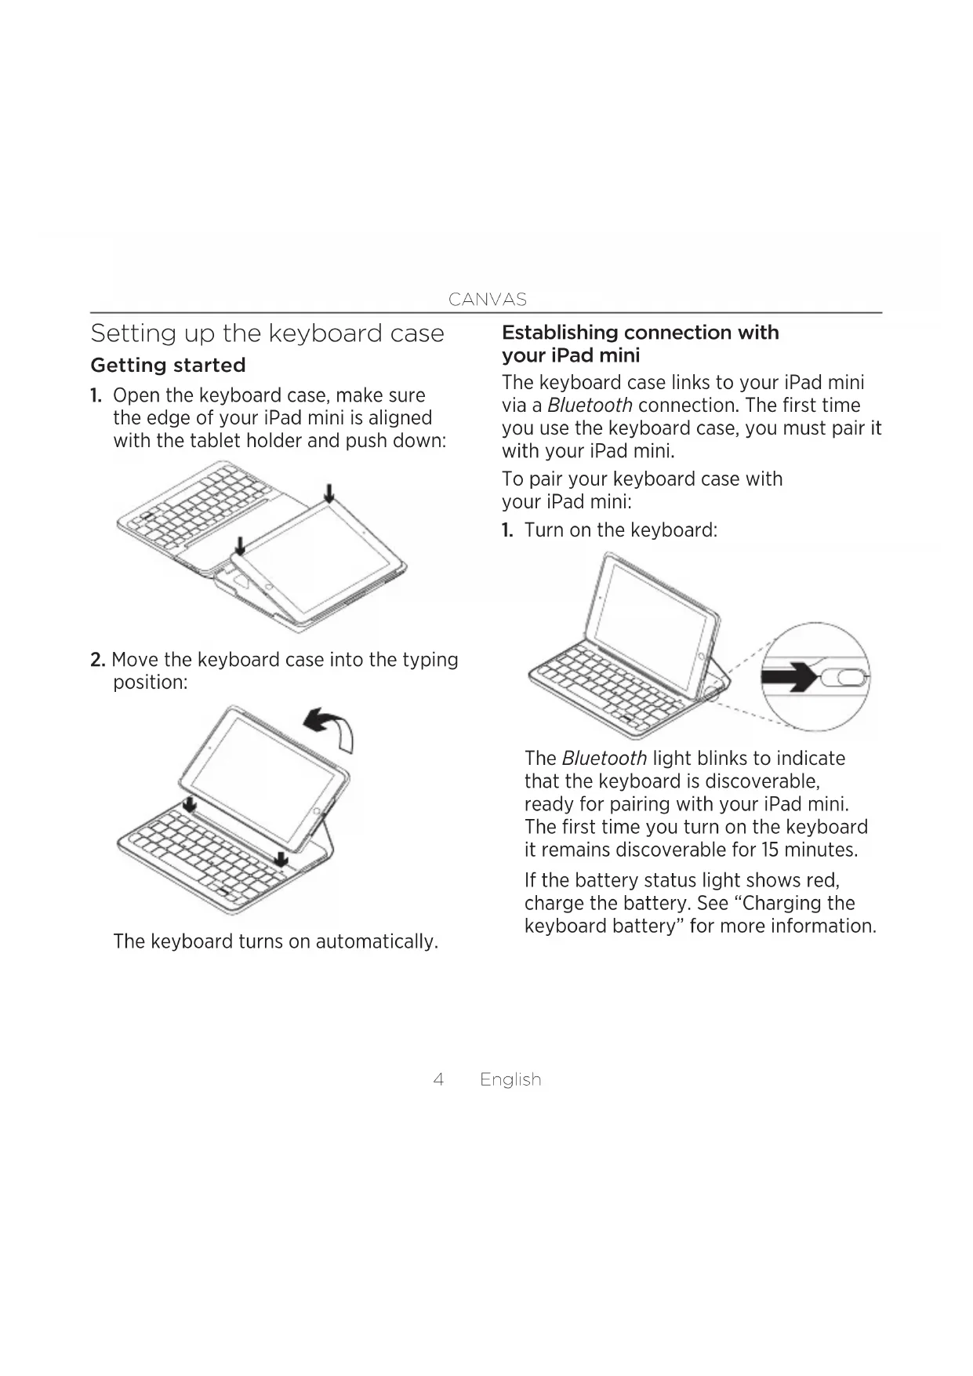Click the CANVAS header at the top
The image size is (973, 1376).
pyautogui.click(x=487, y=299)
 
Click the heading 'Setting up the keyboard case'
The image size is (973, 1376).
pyautogui.click(x=267, y=333)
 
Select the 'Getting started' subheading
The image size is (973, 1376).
pyautogui.click(x=168, y=365)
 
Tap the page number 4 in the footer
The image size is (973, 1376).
pyautogui.click(x=438, y=1079)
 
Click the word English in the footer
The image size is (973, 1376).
pyautogui.click(x=510, y=1079)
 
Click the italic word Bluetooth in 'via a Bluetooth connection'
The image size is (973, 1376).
pyautogui.click(x=590, y=406)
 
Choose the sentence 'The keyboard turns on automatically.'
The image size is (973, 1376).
pyautogui.click(x=275, y=941)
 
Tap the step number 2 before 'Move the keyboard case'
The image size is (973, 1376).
pyautogui.click(x=97, y=660)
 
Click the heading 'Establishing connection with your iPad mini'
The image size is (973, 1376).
pyautogui.click(x=640, y=344)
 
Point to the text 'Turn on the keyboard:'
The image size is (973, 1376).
pyautogui.click(x=620, y=530)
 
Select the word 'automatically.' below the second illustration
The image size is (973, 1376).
pyautogui.click(x=376, y=941)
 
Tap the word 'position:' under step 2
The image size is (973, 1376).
pyautogui.click(x=151, y=683)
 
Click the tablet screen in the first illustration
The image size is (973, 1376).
pyautogui.click(x=318, y=557)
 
